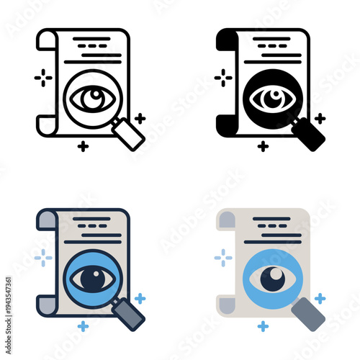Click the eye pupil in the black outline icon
pyautogui.click(x=89, y=98)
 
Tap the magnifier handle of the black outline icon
pyautogui.click(x=130, y=135)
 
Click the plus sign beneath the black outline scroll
pyautogui.click(x=84, y=146)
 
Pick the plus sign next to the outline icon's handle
pyautogui.click(x=140, y=117)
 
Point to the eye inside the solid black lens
pyautogui.click(x=269, y=99)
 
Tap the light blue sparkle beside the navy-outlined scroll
pyautogui.click(x=43, y=257)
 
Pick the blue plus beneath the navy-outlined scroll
pyautogui.click(x=84, y=326)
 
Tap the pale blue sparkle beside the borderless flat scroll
pyautogui.click(x=224, y=257)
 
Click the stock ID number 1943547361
pyautogui.click(x=6, y=302)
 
